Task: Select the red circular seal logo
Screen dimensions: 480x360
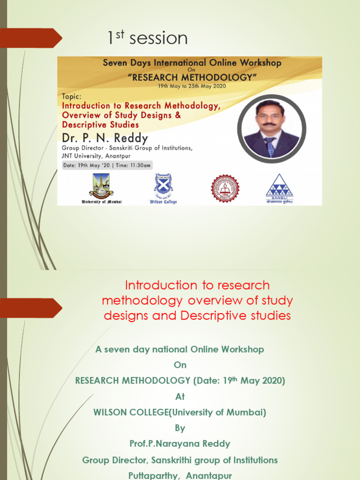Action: coord(225,188)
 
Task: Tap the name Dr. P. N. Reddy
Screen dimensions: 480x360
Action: coord(105,138)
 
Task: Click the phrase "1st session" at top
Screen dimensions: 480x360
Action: coord(147,38)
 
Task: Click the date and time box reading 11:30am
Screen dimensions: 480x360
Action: coord(107,165)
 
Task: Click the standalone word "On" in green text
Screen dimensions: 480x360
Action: coord(180,365)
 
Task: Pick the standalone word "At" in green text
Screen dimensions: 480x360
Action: coord(180,397)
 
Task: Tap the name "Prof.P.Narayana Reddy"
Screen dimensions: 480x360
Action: coord(180,443)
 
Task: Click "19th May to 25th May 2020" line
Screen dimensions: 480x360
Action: coord(189,86)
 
